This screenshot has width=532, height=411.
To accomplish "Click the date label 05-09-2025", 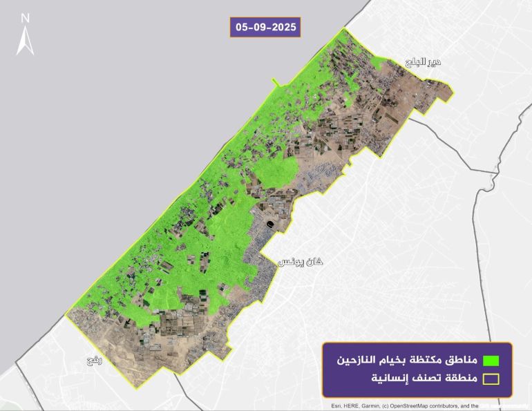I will pyautogui.click(x=265, y=27).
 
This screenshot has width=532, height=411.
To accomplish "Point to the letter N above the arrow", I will pyautogui.click(x=26, y=17).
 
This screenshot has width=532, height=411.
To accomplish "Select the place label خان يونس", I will pyautogui.click(x=301, y=262).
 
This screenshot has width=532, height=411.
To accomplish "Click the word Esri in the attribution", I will pyautogui.click(x=337, y=406).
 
